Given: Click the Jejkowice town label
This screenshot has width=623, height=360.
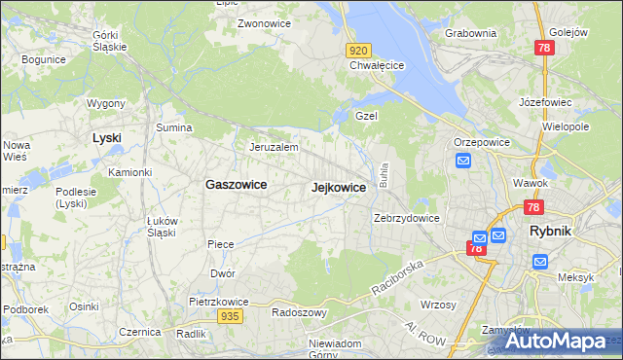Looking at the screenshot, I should (338, 187).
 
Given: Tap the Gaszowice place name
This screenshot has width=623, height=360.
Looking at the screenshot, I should (236, 184).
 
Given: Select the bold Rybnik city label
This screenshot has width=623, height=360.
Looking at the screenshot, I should (556, 232).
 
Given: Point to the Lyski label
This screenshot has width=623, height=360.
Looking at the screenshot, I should (106, 138).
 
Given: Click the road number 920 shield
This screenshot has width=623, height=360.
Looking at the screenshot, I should (358, 50).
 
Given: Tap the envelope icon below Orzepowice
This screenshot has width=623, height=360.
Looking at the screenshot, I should (462, 161).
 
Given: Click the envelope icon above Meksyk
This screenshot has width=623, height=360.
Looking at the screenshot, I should (540, 261).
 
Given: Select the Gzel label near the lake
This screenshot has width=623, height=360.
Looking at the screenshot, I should (366, 115).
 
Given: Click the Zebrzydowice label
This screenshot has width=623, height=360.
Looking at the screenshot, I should (407, 218).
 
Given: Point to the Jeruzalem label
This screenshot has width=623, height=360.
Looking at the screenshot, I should (273, 147).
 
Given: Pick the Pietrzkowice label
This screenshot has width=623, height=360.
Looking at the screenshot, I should (215, 302).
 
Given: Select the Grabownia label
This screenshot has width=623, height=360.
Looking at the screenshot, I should (470, 33).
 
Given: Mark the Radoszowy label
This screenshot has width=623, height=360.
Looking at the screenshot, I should (299, 313).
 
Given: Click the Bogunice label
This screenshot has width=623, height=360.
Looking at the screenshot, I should (43, 59).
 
